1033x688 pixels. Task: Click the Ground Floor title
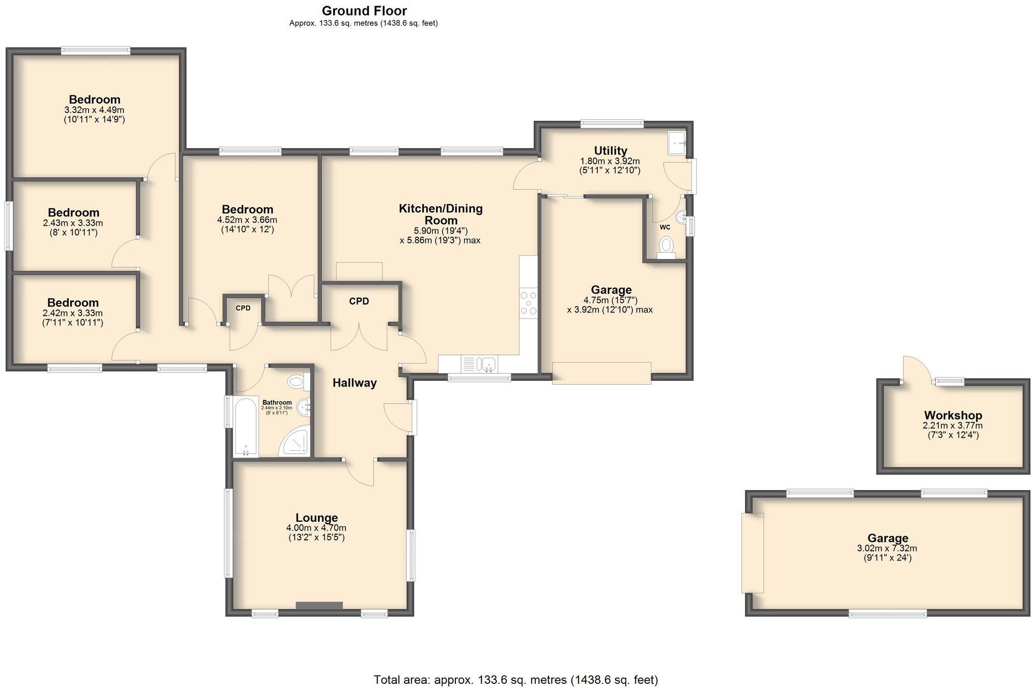coord(364,11)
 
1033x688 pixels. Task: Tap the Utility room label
coord(610,151)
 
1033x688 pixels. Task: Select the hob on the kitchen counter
coord(528,303)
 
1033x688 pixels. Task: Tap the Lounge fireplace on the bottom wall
coord(319,605)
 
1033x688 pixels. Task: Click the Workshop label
coord(953,415)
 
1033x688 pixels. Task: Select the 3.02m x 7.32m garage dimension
coord(887,548)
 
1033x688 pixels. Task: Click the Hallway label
coord(354,383)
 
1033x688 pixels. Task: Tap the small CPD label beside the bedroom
coord(243,308)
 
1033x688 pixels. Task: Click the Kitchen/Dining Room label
coord(440,213)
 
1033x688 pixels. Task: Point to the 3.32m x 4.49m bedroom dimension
coord(94,110)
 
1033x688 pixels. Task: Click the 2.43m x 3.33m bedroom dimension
coord(73,223)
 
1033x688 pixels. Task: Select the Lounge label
coord(317,518)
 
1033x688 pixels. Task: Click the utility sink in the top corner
coord(677,143)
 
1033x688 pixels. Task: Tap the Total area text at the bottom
coord(515,679)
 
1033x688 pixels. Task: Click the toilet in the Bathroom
coord(296,382)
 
